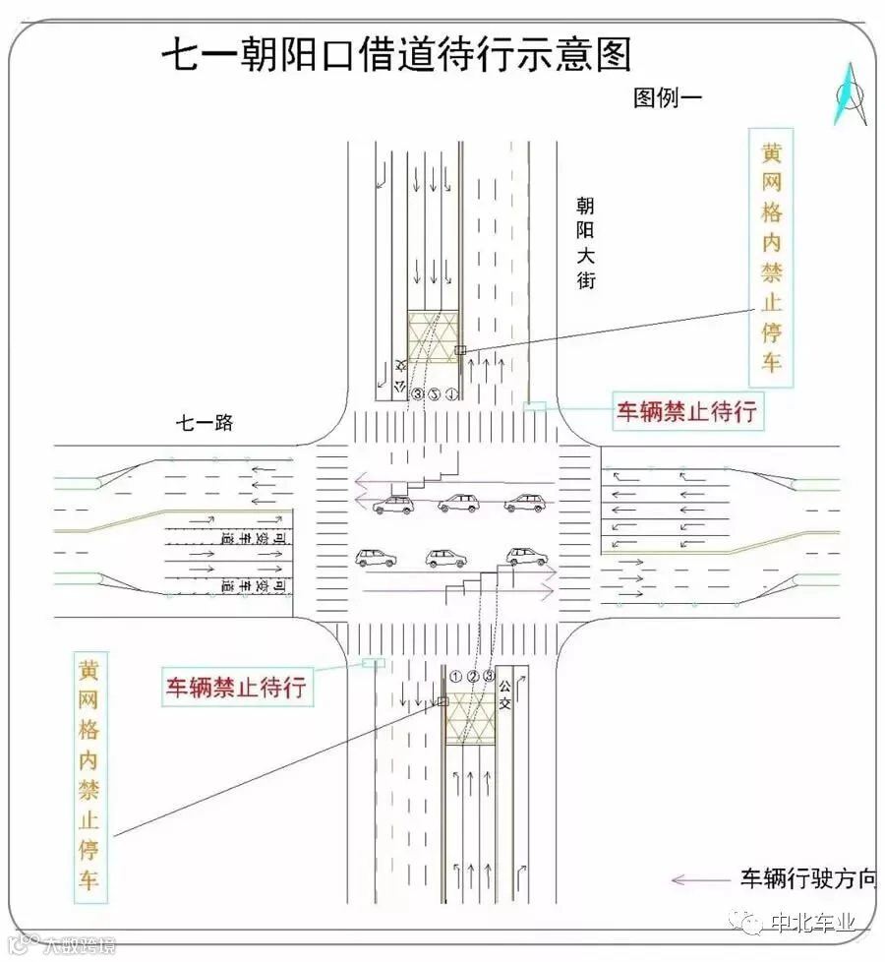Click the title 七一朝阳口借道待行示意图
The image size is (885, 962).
[x=395, y=56]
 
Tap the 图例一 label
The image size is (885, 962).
[x=671, y=97]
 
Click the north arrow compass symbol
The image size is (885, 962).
[x=851, y=95]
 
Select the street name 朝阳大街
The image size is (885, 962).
[x=586, y=242]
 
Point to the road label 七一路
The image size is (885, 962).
[x=205, y=423]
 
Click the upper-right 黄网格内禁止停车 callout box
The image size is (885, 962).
[x=772, y=256]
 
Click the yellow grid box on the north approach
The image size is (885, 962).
[x=433, y=337]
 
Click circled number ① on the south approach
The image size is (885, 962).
[x=455, y=677]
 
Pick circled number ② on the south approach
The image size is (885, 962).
[x=473, y=677]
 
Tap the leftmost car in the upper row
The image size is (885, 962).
[x=394, y=505]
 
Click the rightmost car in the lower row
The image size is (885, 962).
[x=526, y=557]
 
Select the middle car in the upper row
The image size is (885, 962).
[x=458, y=504]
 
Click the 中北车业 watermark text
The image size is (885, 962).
[x=814, y=924]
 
